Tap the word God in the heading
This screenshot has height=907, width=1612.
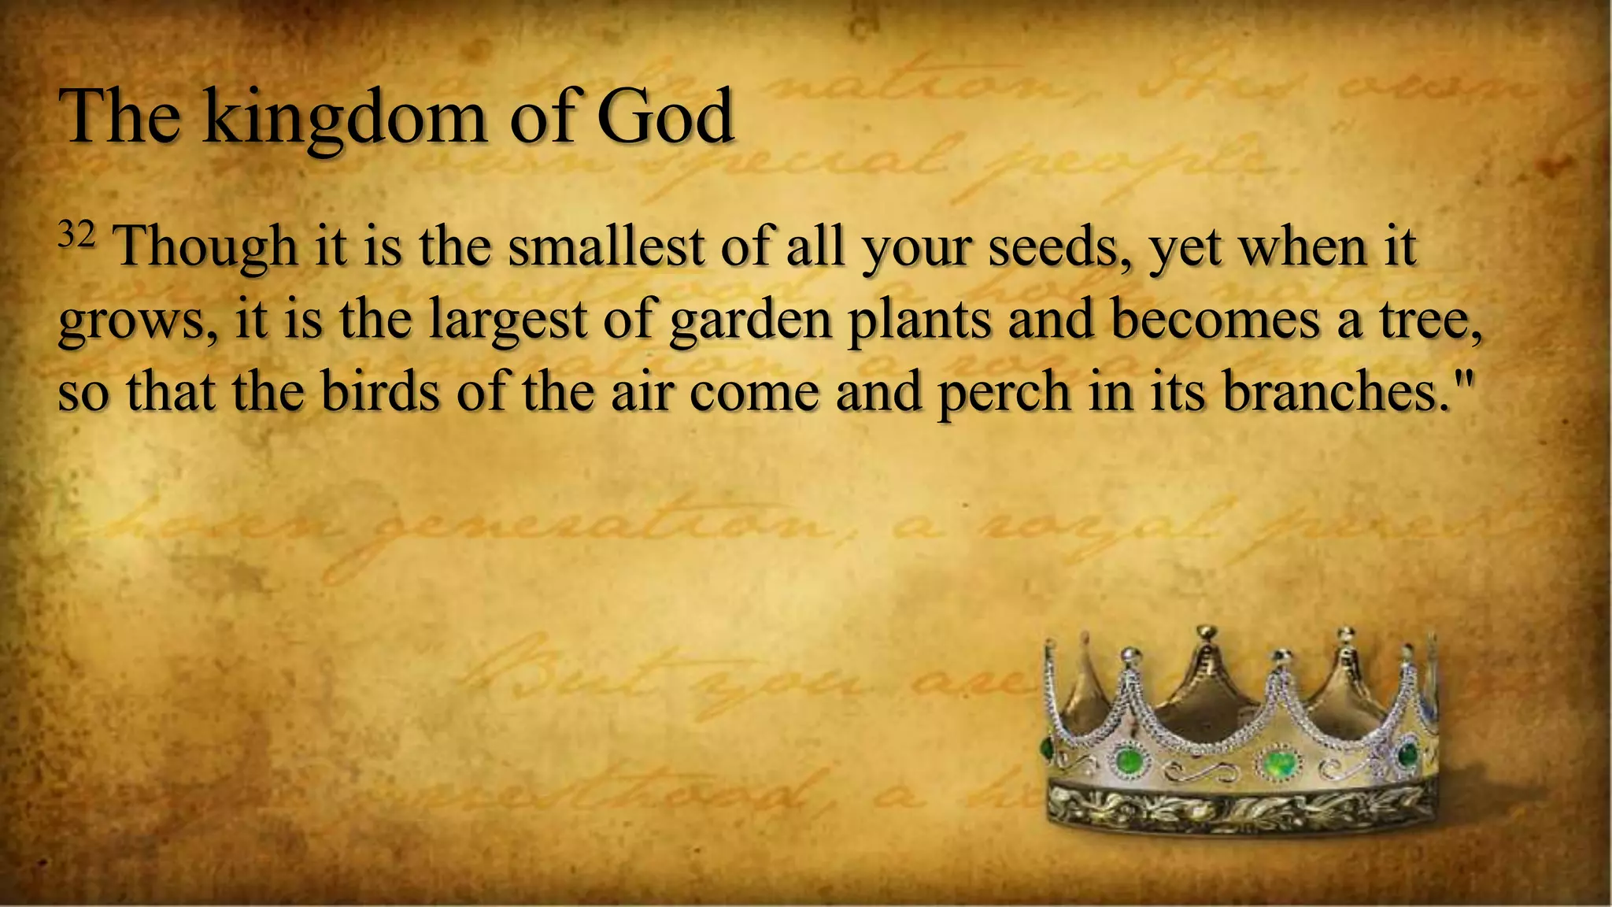(665, 118)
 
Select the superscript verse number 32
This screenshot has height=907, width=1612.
(76, 235)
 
